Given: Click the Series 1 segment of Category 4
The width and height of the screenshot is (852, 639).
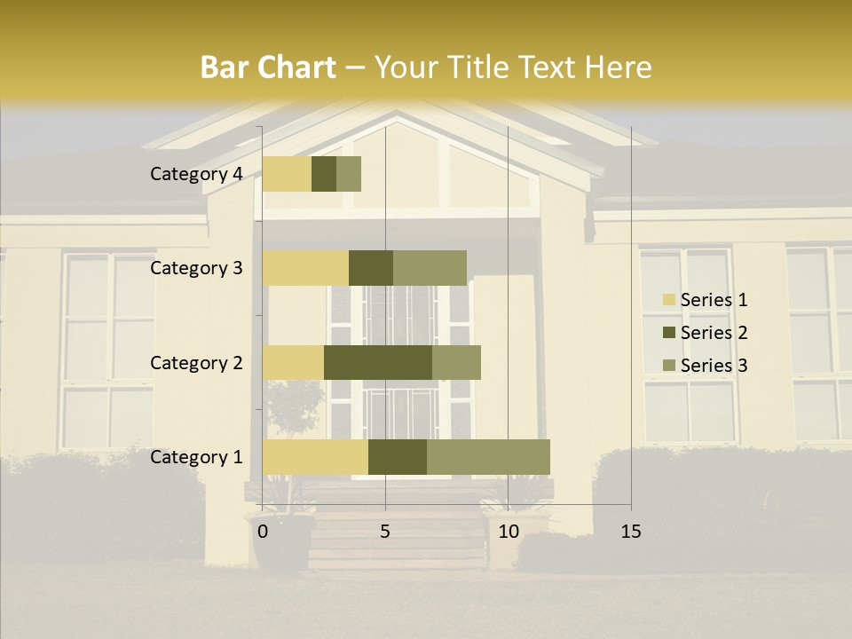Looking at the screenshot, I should [287, 174].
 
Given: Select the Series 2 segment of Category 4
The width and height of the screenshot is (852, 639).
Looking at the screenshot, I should [324, 174].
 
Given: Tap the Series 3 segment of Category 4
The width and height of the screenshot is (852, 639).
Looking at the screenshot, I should [349, 174].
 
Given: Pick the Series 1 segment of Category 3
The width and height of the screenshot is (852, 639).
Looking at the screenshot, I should [305, 268].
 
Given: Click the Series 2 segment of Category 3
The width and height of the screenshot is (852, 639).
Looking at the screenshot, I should [371, 268].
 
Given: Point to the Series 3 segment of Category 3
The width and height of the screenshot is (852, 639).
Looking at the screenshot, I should [430, 268].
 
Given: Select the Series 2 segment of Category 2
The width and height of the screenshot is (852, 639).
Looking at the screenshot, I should [378, 362].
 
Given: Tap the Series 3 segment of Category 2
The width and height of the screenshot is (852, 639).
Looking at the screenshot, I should [456, 362].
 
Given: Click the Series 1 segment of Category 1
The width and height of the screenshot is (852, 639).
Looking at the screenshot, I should [315, 457].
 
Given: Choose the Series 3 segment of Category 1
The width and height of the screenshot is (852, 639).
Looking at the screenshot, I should [488, 457].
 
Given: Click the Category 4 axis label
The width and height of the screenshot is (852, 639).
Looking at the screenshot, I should [196, 174].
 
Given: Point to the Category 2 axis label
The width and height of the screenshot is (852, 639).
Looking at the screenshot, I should [196, 362].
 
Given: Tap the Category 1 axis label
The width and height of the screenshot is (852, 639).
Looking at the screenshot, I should [196, 457].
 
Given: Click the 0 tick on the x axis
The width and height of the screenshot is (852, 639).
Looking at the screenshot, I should [263, 532].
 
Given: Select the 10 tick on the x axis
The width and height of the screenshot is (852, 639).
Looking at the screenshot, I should [509, 532].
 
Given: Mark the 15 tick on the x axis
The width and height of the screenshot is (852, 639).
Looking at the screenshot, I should [631, 532].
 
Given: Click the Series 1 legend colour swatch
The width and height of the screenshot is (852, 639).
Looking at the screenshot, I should [668, 300].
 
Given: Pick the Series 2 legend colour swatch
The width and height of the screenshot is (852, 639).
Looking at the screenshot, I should [668, 333].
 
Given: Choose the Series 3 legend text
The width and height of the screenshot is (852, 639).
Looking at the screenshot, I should [714, 366].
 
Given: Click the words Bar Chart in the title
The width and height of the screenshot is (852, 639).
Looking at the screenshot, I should [268, 67].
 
